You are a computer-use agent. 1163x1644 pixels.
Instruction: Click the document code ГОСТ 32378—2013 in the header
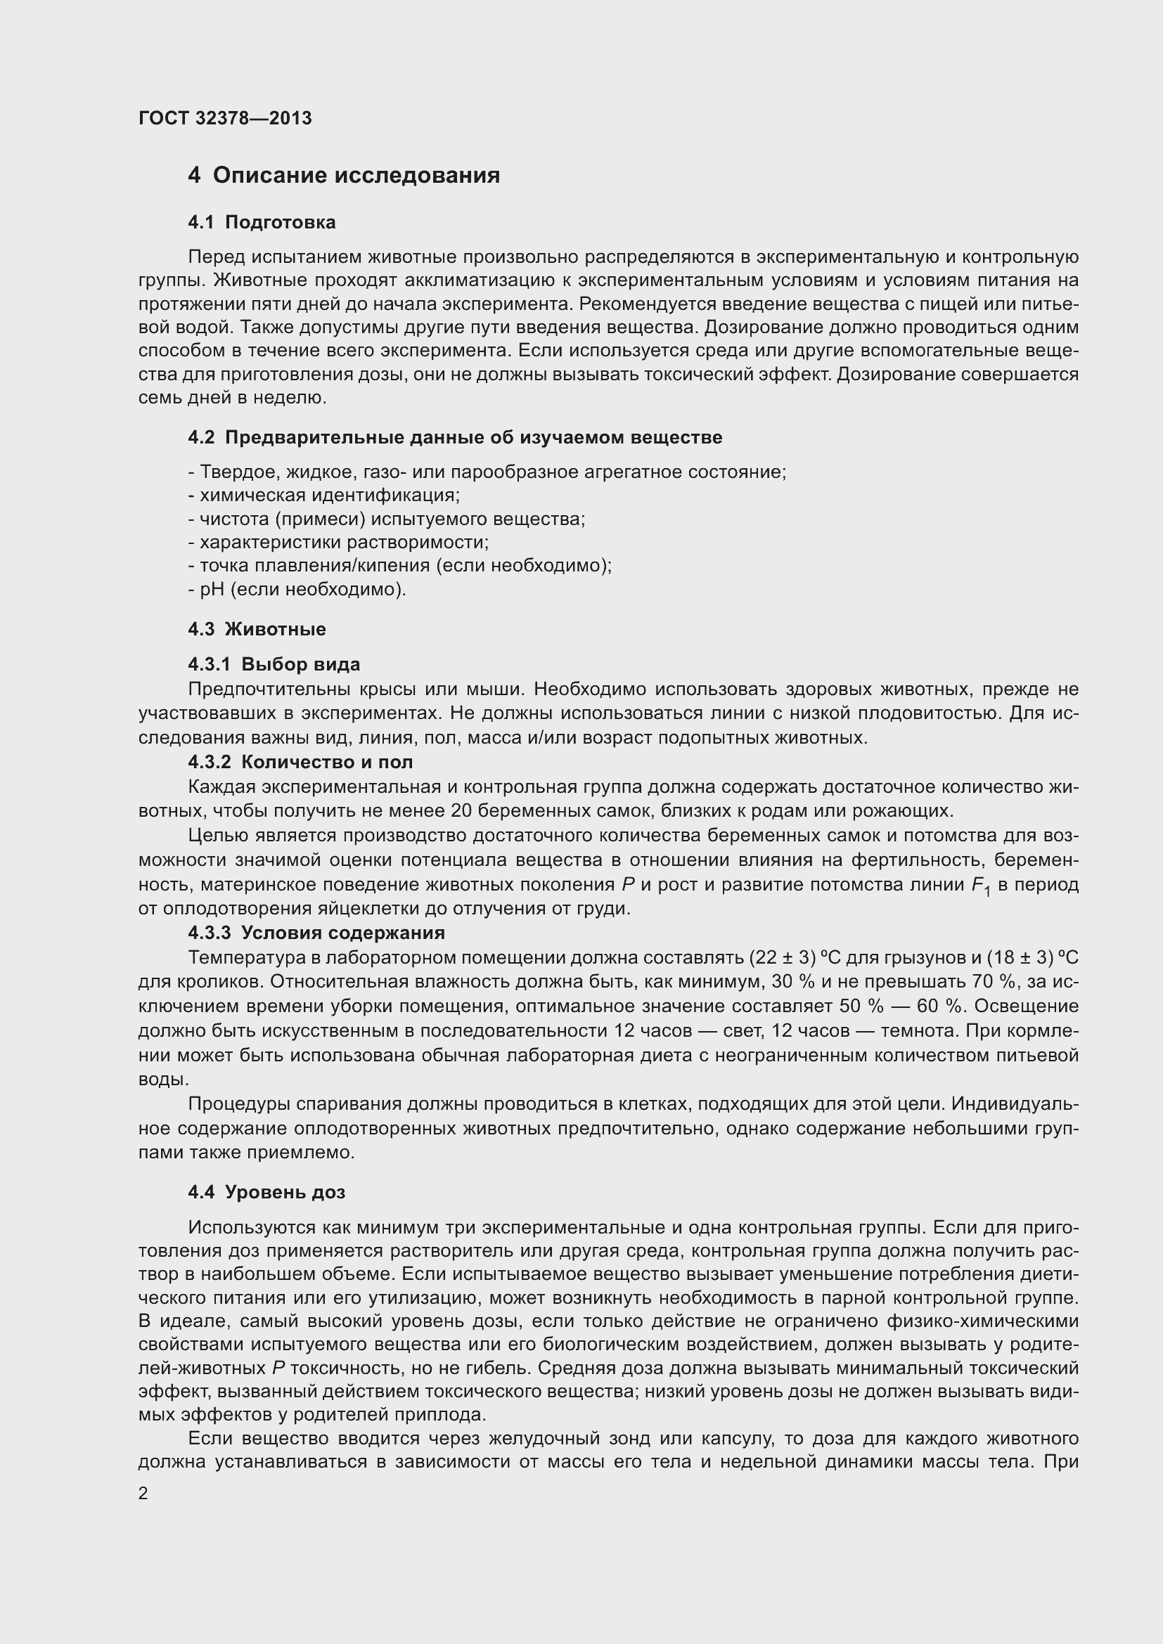[225, 118]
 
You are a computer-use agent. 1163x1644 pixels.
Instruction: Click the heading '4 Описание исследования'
[344, 176]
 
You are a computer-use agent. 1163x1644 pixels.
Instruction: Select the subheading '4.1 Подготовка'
[262, 223]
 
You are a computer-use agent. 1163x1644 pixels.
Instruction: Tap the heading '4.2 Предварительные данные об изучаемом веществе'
[455, 437]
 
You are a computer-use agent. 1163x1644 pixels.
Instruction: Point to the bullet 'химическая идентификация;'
[324, 496]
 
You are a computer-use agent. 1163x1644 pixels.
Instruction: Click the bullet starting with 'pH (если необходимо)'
[297, 589]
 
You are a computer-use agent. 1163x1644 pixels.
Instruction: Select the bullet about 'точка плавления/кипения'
[399, 566]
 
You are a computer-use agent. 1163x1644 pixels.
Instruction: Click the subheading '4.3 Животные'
[257, 629]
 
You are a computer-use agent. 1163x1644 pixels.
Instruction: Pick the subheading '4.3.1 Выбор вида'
[274, 664]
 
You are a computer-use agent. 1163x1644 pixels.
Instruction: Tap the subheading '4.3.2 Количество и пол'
[300, 762]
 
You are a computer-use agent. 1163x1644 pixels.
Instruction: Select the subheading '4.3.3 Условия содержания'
[316, 933]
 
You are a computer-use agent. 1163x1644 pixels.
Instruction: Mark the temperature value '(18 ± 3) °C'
[1033, 957]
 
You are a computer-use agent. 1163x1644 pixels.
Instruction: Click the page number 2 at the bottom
[143, 1494]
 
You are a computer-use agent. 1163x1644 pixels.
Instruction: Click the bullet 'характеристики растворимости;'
[339, 542]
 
